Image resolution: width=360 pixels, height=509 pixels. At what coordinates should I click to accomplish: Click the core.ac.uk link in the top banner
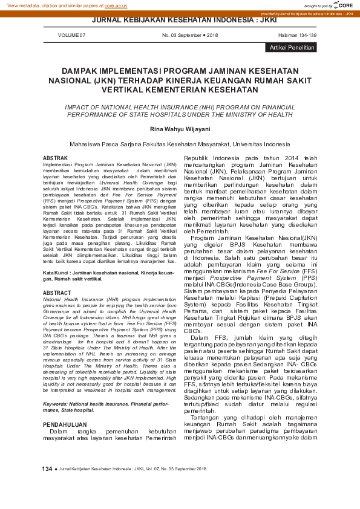tap(116, 5)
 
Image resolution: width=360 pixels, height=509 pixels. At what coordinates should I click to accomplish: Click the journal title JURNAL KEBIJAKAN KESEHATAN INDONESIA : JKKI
tap(180, 19)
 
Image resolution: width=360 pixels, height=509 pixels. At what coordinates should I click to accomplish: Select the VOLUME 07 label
tap(71, 36)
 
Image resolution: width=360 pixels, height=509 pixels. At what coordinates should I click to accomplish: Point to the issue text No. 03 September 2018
tap(190, 36)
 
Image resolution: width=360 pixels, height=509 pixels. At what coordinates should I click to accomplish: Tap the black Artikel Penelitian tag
tap(292, 47)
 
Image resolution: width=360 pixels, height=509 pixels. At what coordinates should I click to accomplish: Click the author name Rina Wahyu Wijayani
tap(180, 128)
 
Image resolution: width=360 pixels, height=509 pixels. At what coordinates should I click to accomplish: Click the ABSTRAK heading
tap(55, 158)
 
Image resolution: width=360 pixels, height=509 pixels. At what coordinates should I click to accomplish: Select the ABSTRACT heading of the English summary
tap(56, 293)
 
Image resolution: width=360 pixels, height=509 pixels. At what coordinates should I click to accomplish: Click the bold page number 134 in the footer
tap(47, 469)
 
